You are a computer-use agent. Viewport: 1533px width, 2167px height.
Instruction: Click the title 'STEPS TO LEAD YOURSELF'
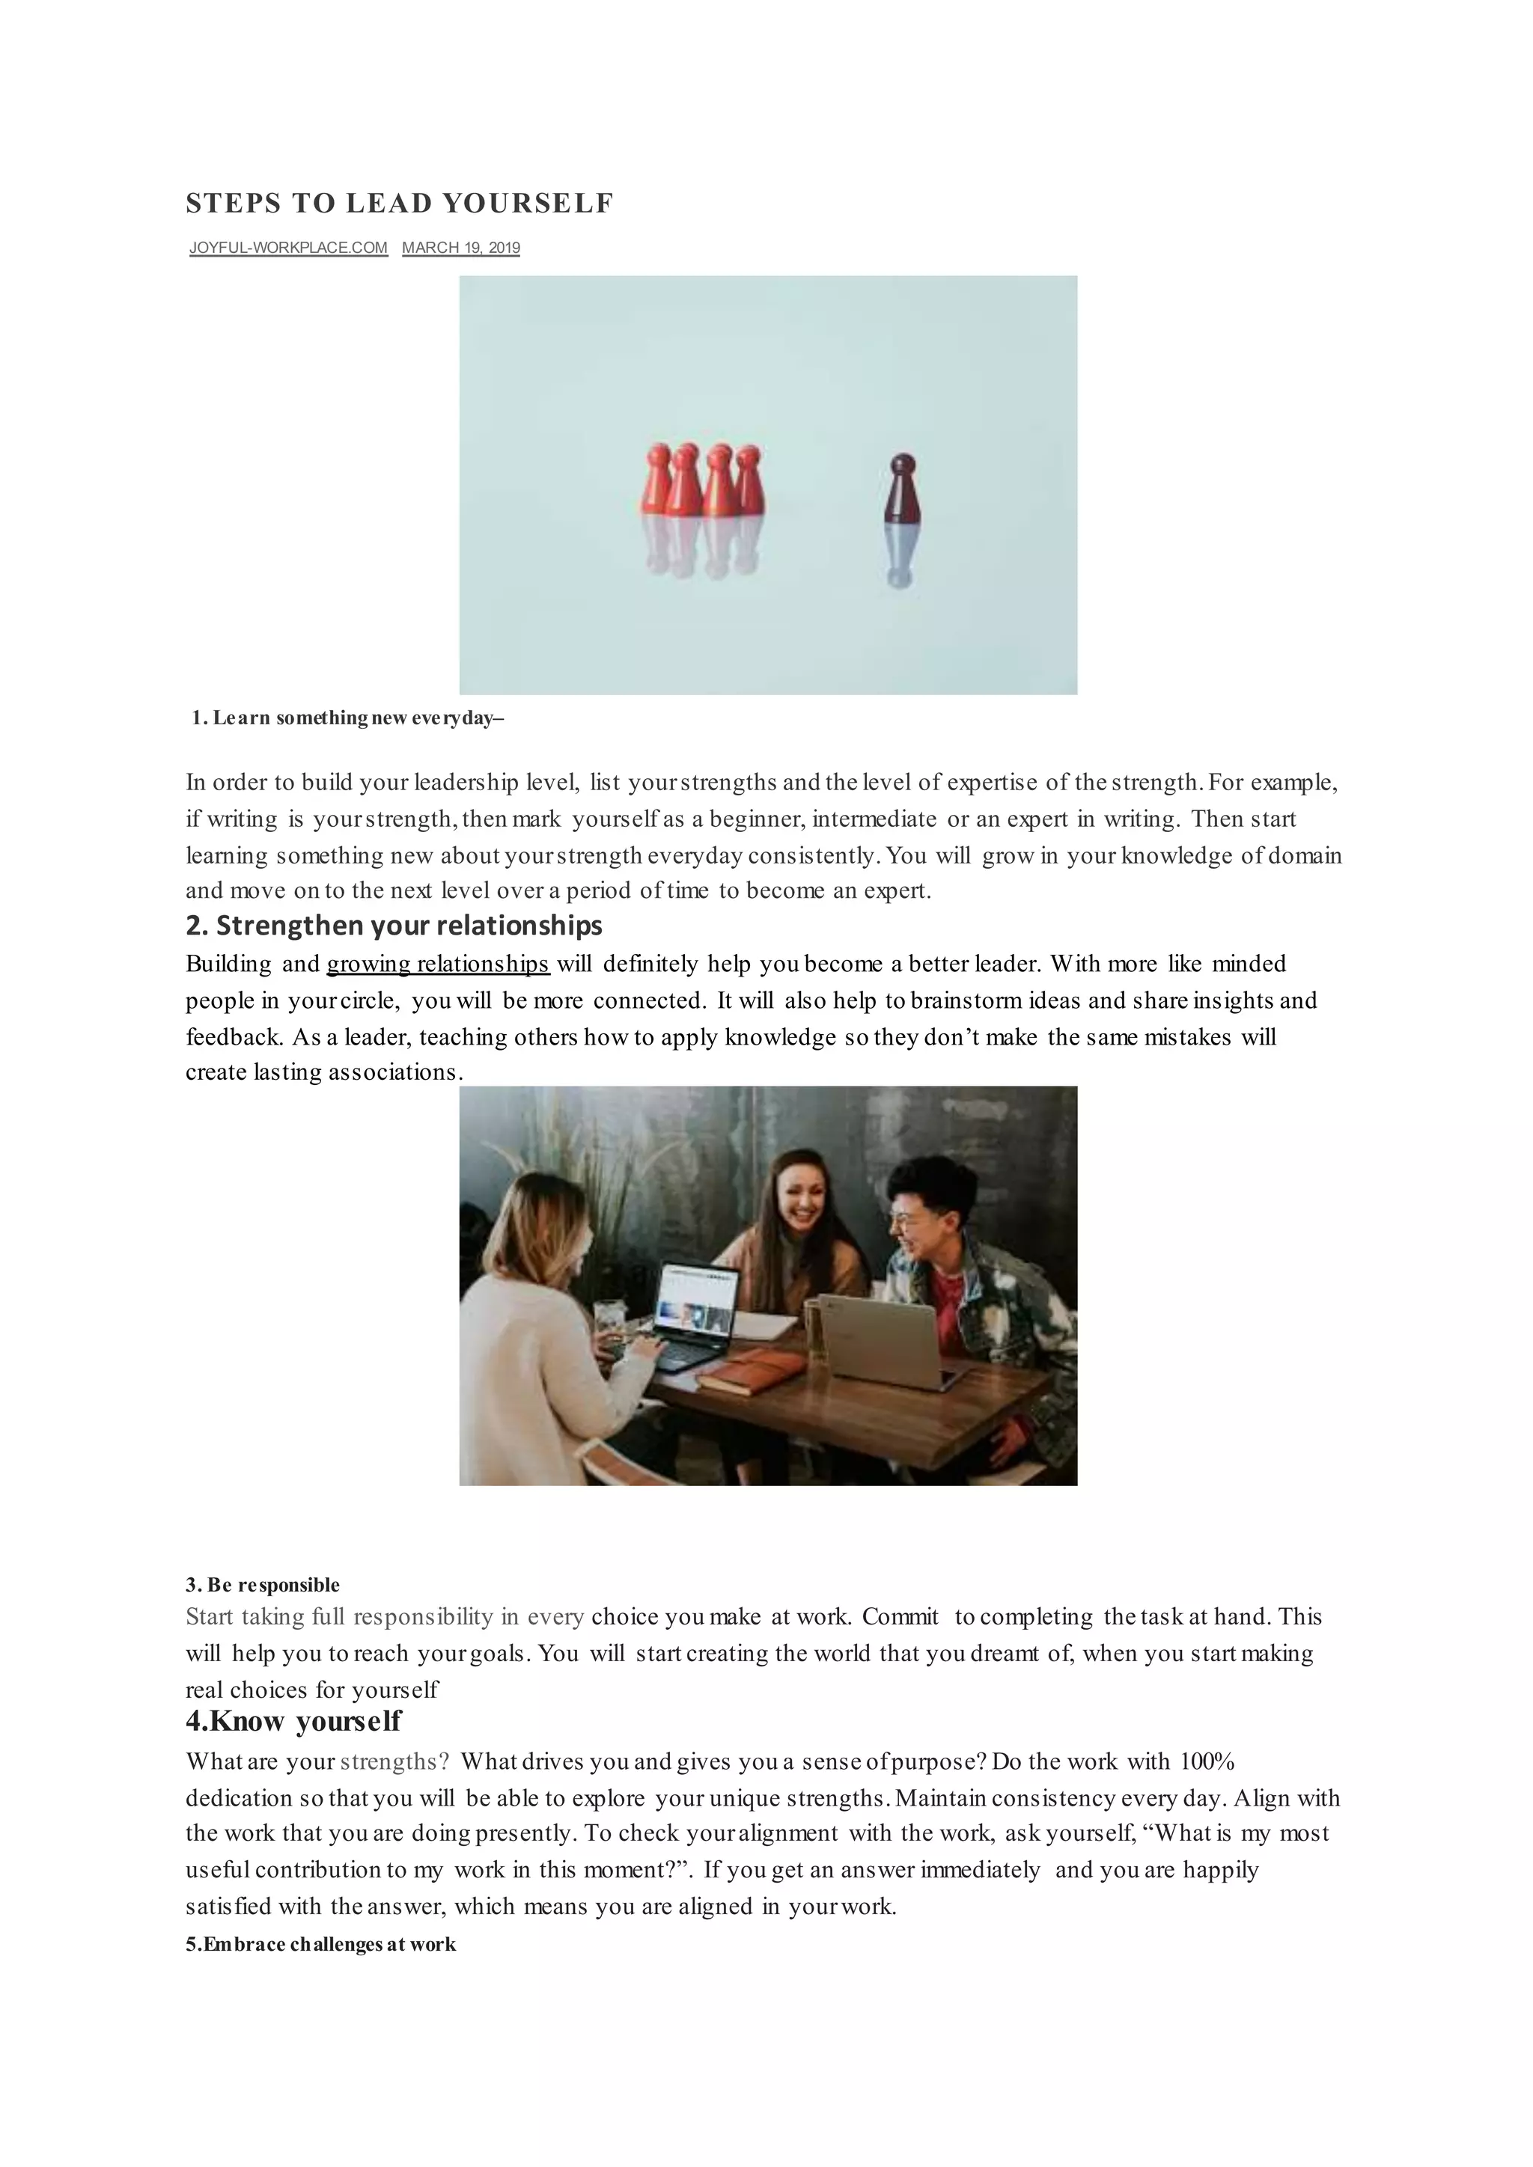pos(399,203)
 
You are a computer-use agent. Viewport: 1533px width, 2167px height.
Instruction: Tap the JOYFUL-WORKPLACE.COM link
pos(288,248)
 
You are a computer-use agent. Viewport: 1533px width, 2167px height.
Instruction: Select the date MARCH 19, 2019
pos(460,248)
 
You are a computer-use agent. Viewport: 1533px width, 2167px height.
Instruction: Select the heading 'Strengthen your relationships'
pos(394,926)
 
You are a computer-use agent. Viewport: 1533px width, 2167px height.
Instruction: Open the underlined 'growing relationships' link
pos(438,965)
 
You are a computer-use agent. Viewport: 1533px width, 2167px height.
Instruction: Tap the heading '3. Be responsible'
pos(263,1585)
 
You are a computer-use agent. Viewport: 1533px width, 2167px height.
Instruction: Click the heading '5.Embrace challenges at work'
pos(320,1944)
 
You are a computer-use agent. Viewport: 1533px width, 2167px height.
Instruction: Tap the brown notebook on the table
pos(751,1370)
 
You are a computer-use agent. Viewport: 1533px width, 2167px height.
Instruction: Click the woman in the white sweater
pos(538,1340)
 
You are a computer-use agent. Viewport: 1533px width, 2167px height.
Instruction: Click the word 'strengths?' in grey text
pos(394,1762)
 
